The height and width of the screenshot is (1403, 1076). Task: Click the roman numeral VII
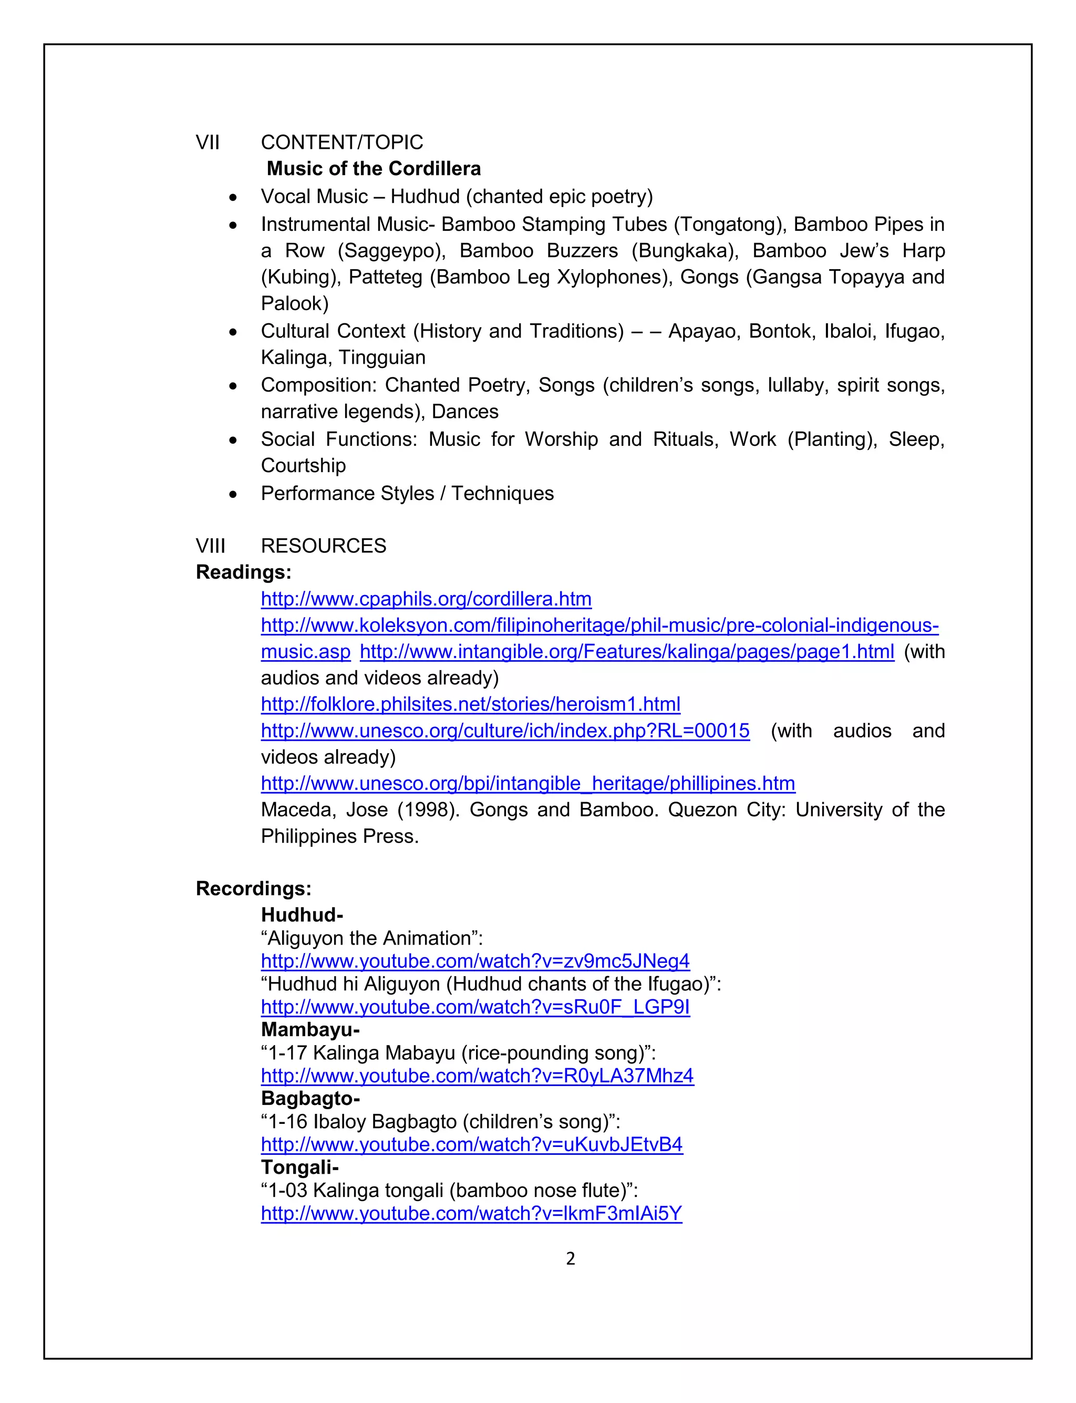click(x=208, y=142)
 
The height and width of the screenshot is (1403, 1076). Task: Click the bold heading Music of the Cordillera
click(x=374, y=169)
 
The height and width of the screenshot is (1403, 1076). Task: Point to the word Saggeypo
click(x=391, y=251)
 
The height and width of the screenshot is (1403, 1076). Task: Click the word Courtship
click(x=303, y=465)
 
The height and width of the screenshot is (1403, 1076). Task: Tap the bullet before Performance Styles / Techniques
click(x=233, y=495)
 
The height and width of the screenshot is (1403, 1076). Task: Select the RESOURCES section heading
click(x=324, y=546)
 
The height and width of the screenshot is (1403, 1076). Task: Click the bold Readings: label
click(x=243, y=572)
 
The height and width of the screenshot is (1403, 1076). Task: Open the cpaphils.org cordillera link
click(x=426, y=599)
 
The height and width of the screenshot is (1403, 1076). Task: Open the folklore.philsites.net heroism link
click(x=470, y=704)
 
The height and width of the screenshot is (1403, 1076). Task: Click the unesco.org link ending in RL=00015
click(x=505, y=731)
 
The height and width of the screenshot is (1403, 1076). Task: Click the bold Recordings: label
click(x=254, y=888)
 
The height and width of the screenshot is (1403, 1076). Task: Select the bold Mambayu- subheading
click(x=310, y=1029)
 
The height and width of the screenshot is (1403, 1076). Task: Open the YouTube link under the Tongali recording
click(x=471, y=1213)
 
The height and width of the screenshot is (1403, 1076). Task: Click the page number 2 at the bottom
click(x=571, y=1259)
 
